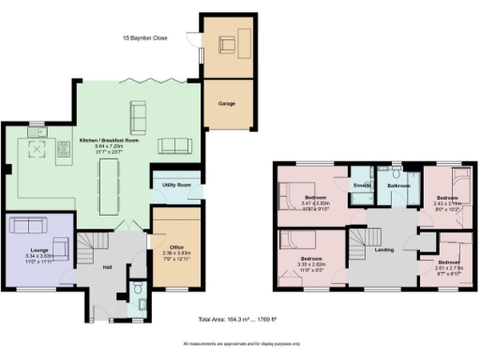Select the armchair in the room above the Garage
(226, 44)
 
